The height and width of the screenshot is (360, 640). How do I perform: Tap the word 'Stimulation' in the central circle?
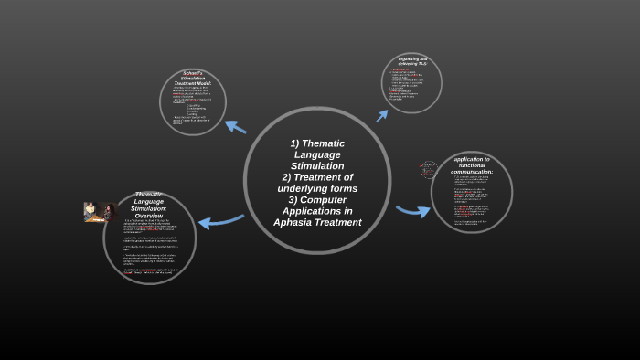pyautogui.click(x=317, y=166)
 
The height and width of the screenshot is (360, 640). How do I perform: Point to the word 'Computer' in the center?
pyautogui.click(x=325, y=199)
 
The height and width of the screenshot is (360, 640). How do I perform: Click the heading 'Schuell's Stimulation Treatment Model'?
pyautogui.click(x=193, y=79)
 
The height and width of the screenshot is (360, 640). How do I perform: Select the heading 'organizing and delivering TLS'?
pyautogui.click(x=412, y=61)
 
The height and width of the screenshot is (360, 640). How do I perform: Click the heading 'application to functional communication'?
pyautogui.click(x=472, y=165)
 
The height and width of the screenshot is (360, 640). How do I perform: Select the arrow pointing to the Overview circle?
pyautogui.click(x=219, y=221)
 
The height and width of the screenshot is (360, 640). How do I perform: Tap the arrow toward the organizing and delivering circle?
pyautogui.click(x=382, y=115)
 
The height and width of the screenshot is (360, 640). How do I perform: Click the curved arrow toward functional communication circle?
pyautogui.click(x=413, y=211)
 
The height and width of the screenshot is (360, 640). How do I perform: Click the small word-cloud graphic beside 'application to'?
pyautogui.click(x=428, y=169)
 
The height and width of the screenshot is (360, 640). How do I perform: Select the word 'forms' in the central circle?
pyautogui.click(x=344, y=188)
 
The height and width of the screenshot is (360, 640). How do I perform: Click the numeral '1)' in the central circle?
pyautogui.click(x=295, y=143)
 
